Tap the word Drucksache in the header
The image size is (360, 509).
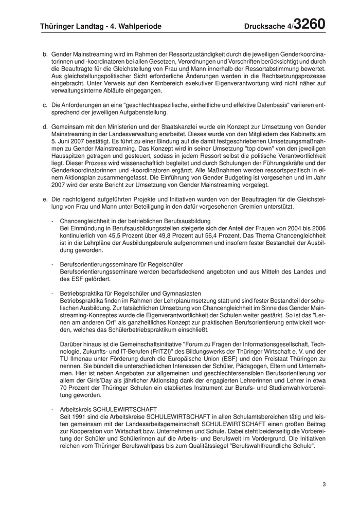267,26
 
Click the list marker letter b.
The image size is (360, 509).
45,54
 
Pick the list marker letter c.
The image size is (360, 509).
45,105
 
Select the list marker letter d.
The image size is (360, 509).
45,126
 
